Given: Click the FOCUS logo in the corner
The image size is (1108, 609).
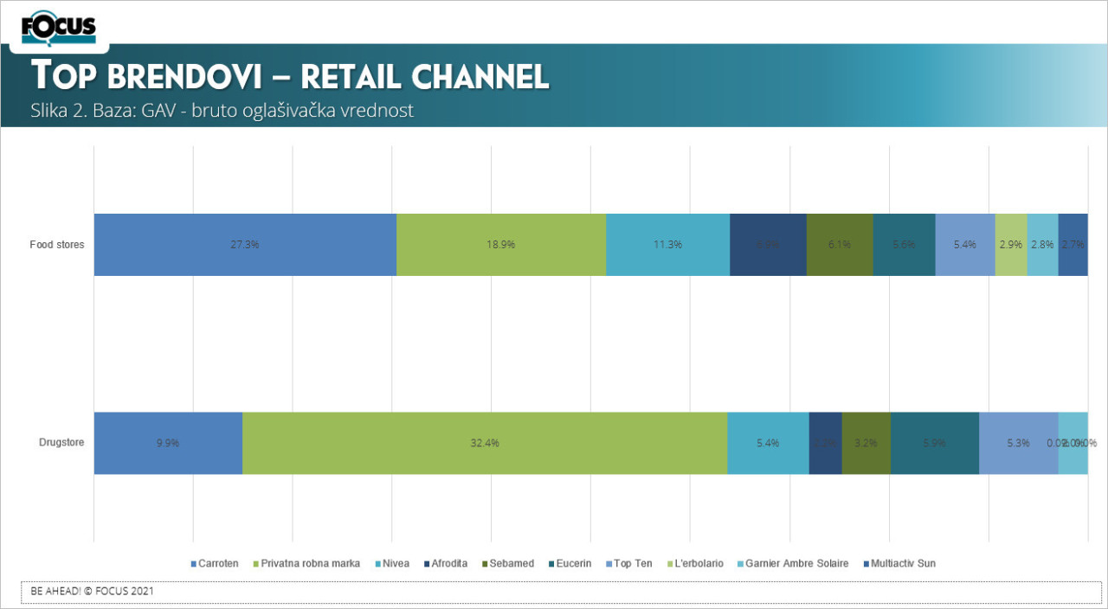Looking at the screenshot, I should point(58,29).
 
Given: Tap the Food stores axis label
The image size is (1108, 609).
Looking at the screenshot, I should point(57,245).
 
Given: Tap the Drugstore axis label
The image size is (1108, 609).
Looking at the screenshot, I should point(61,443).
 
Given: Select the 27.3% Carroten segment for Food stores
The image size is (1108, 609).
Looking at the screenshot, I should point(245,245).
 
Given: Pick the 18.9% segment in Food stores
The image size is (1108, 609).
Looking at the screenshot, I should point(501,245).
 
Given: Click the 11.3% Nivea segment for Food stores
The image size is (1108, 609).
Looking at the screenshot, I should point(667,245).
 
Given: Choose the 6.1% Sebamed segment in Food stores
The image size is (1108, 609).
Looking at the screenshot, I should point(840,245).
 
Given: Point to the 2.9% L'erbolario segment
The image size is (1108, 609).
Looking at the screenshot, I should point(1011,245).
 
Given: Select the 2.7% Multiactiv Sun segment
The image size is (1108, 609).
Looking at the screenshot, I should point(1073,245).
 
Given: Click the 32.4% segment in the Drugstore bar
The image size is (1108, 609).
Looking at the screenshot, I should point(485,443).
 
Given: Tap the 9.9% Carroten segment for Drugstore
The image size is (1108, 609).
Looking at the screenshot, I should point(168,443).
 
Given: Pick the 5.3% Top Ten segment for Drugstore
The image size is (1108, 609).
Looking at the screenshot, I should point(1019,443).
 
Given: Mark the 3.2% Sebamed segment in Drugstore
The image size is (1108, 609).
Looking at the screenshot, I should point(866,443).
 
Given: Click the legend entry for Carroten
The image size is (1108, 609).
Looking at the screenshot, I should point(215,564).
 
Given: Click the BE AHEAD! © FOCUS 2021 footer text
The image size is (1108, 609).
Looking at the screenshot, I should point(93,592).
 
